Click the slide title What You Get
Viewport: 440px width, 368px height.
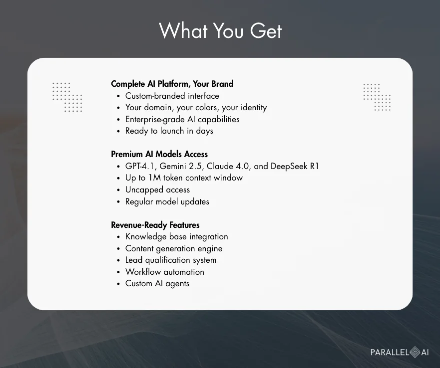tap(220, 31)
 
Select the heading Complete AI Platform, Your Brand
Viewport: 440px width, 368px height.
tap(172, 84)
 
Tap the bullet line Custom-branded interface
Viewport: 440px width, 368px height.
tap(172, 96)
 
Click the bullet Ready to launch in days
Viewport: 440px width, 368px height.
tap(169, 131)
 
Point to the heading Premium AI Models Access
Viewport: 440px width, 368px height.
tap(159, 154)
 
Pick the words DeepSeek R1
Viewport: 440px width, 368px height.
tap(295, 166)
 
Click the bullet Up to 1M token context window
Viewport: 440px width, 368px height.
tap(184, 178)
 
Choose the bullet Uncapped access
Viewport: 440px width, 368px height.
tap(157, 190)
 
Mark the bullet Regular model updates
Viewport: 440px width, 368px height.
tap(167, 202)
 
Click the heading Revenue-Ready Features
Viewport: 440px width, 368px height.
tap(155, 225)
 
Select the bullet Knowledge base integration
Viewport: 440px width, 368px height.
tap(176, 237)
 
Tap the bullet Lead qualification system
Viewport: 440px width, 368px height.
tap(171, 260)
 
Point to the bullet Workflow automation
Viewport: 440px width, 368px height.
tap(164, 272)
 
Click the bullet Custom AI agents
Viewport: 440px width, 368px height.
tap(157, 284)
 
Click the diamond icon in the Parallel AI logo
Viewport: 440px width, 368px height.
tap(415, 352)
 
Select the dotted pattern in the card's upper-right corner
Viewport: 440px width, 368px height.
tap(377, 97)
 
